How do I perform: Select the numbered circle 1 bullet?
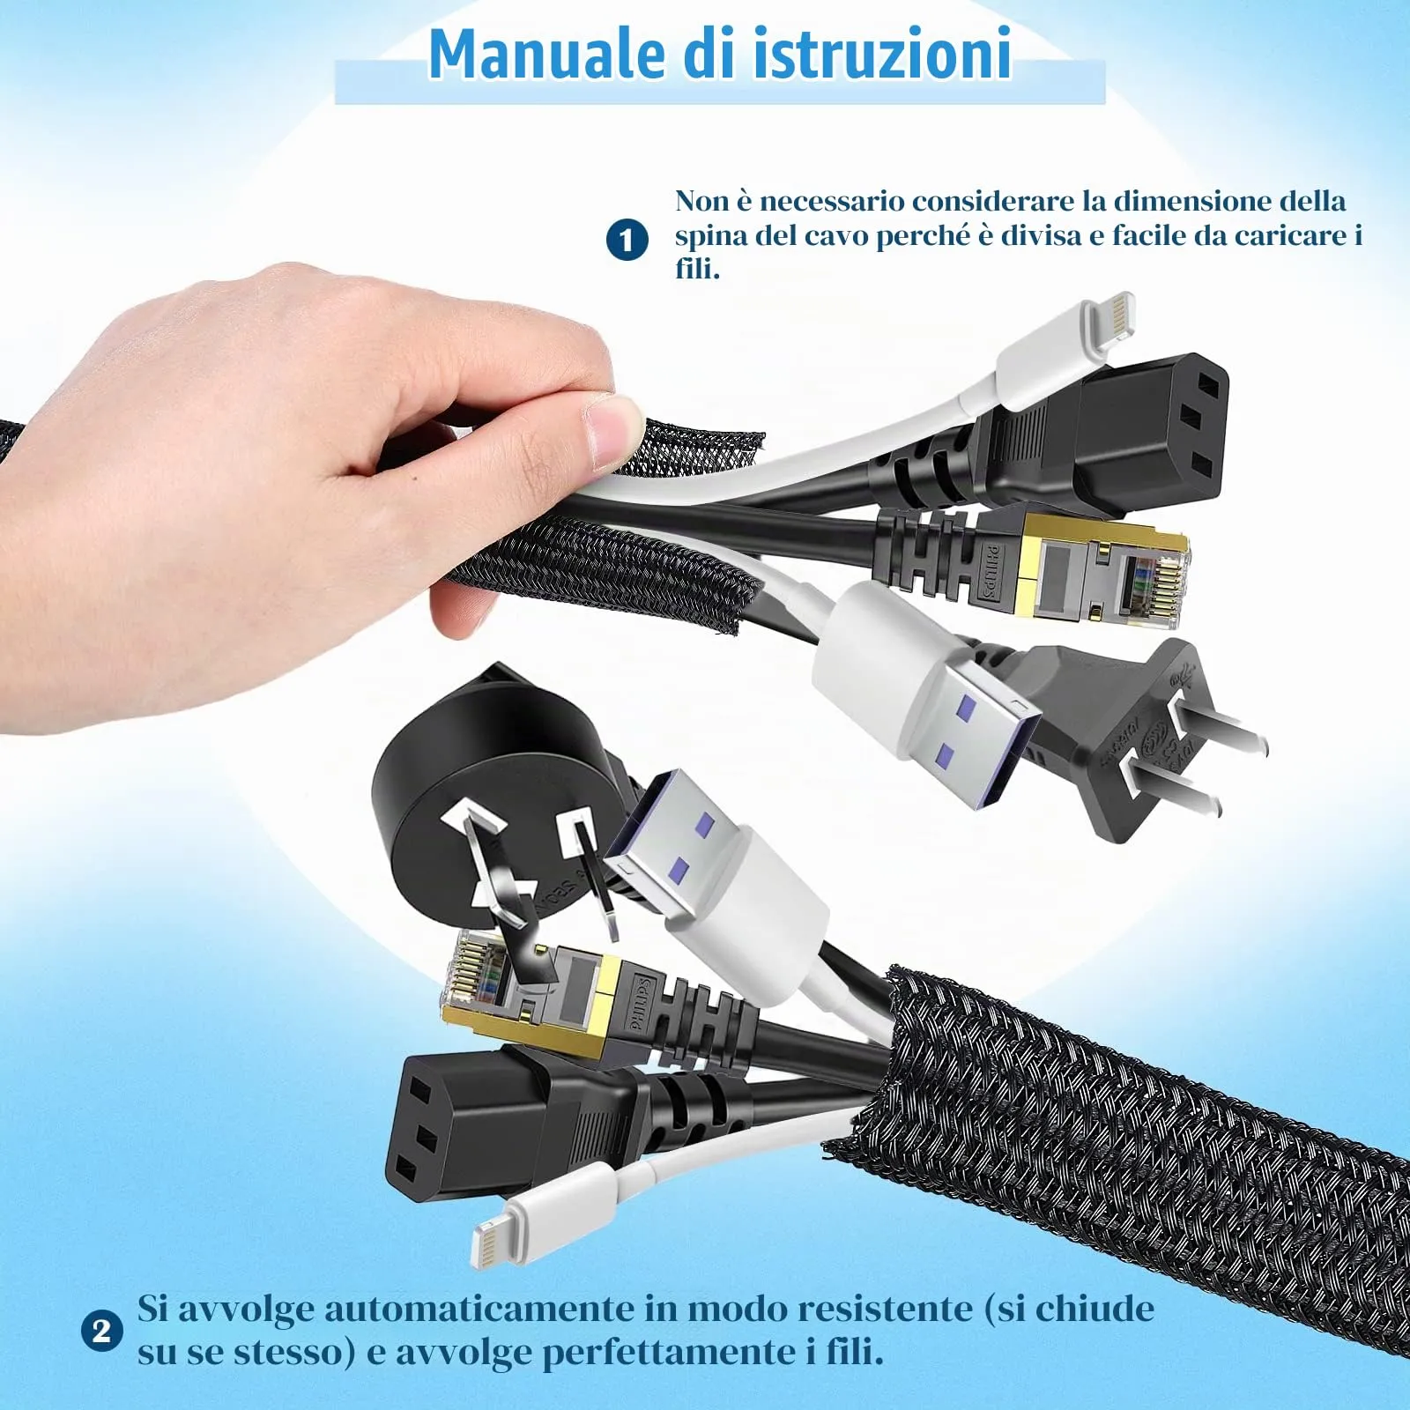coord(627,240)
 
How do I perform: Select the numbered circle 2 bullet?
coord(101,1331)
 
